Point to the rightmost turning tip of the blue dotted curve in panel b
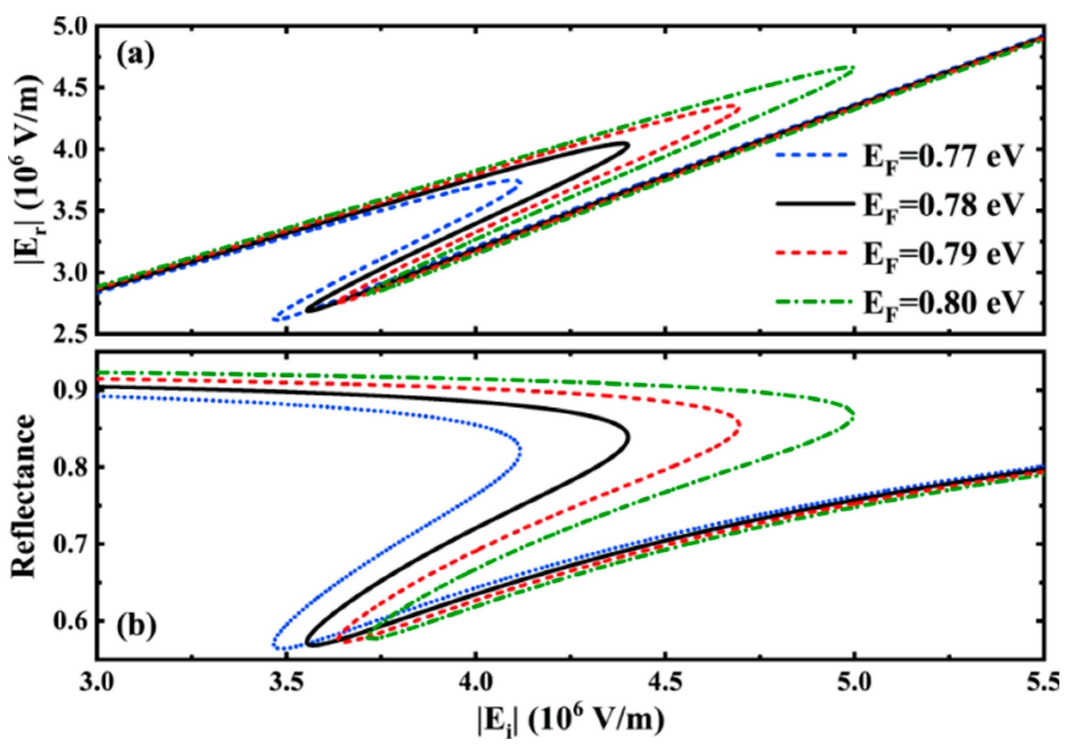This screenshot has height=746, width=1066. point(521,450)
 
